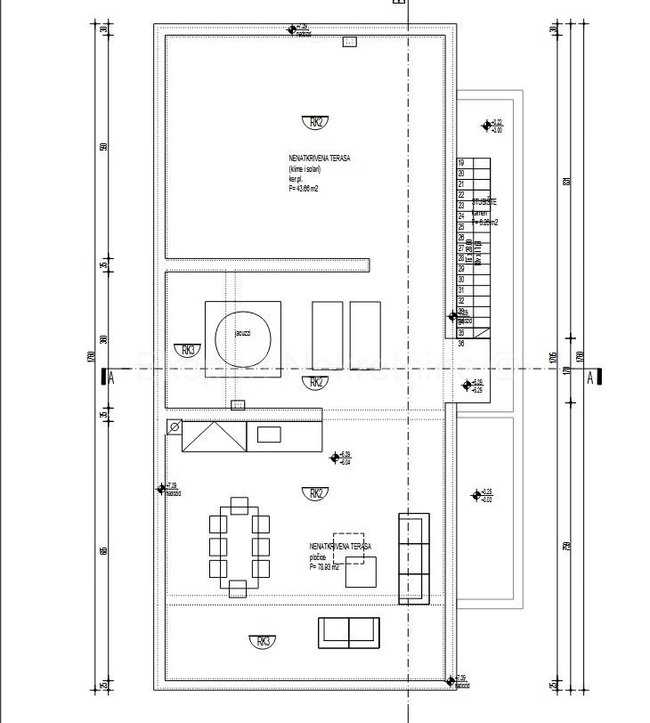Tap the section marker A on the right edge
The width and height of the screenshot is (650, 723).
click(x=590, y=377)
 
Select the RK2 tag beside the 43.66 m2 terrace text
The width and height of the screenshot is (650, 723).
click(x=315, y=123)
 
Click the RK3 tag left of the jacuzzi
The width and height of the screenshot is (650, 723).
click(x=187, y=350)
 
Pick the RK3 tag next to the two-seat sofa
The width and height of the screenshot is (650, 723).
click(x=262, y=640)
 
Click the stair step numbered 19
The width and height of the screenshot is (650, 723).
click(x=461, y=163)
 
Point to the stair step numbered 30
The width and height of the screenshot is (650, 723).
click(x=461, y=279)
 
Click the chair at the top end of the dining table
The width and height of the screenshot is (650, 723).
click(x=239, y=506)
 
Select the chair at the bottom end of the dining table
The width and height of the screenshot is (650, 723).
click(x=238, y=589)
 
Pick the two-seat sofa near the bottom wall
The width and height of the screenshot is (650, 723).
click(x=348, y=632)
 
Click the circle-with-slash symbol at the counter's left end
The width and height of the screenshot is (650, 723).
click(x=175, y=428)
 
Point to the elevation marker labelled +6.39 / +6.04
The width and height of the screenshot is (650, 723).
click(x=336, y=458)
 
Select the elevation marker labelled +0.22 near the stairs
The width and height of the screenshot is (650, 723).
click(x=486, y=126)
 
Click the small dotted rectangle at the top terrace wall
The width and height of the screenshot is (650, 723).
click(x=350, y=42)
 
